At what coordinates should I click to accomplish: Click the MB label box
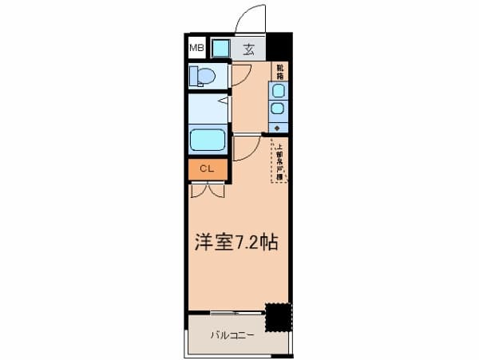[x=196, y=48]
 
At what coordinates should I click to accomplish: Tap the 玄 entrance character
[x=248, y=49]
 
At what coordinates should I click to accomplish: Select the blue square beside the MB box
[x=220, y=48]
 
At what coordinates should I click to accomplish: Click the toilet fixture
[x=203, y=76]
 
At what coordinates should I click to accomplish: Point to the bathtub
[x=208, y=141]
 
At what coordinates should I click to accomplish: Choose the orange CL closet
[x=207, y=169]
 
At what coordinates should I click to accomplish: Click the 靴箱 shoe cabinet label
[x=279, y=71]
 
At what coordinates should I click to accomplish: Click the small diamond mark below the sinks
[x=278, y=128]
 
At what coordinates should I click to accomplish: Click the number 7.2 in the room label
[x=245, y=243]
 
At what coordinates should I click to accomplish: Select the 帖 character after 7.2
[x=267, y=243]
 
